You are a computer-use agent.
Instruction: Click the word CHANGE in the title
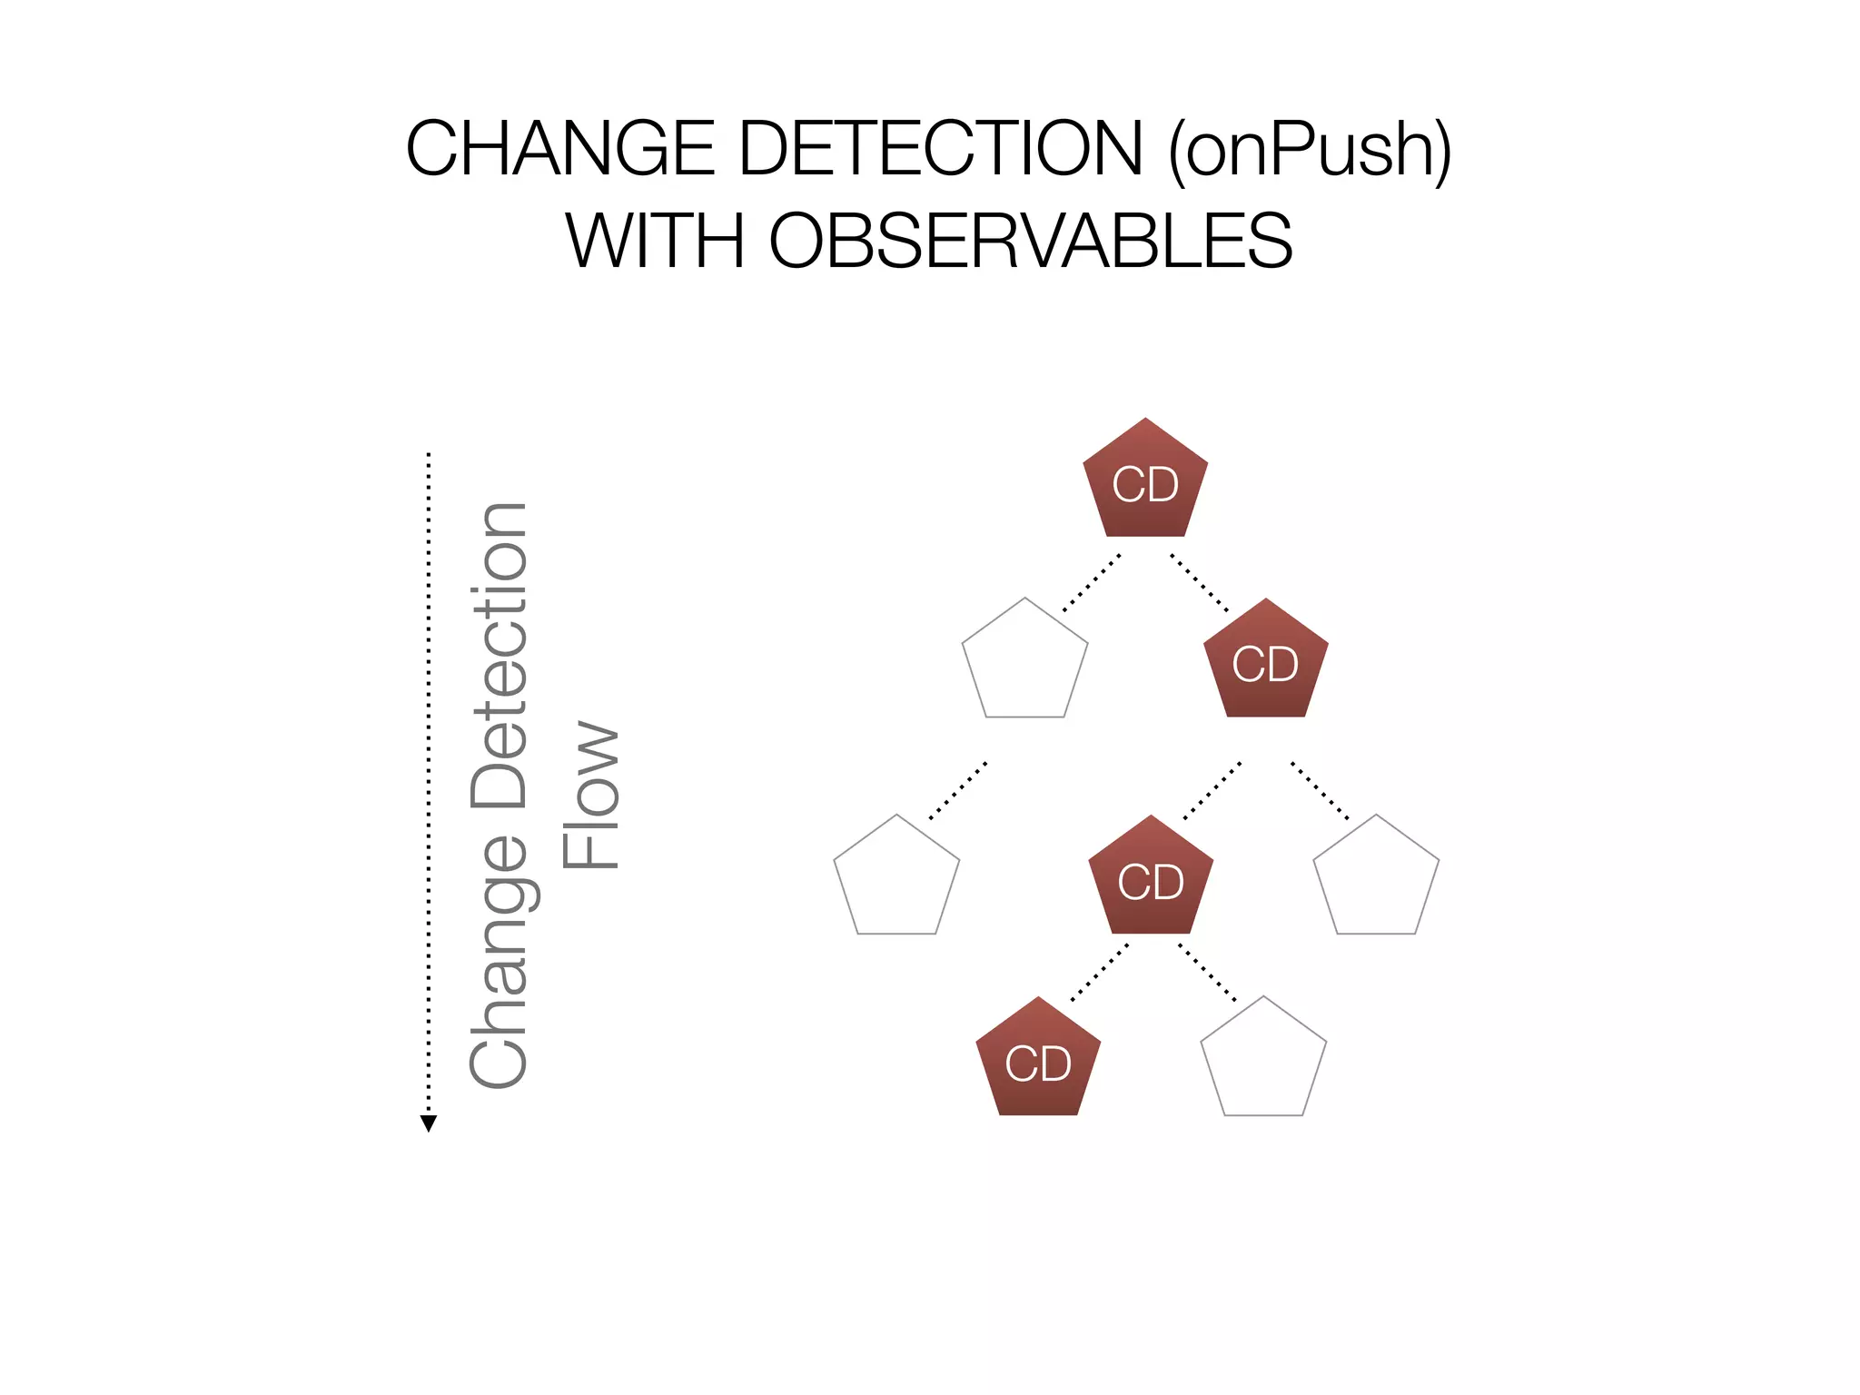(560, 149)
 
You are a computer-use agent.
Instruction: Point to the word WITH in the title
(655, 241)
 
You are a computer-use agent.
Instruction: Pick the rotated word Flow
(590, 796)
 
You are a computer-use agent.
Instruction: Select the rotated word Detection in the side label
(499, 655)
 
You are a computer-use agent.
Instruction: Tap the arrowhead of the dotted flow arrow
(429, 1123)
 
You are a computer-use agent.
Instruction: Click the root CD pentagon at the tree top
(1145, 482)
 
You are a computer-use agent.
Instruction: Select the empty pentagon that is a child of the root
(1024, 662)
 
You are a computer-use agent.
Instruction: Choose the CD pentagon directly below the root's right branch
(1265, 662)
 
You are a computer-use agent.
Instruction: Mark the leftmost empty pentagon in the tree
(896, 879)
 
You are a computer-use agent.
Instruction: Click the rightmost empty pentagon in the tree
(1376, 879)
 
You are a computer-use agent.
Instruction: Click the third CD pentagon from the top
(1151, 879)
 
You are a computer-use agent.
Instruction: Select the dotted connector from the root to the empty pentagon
(1091, 582)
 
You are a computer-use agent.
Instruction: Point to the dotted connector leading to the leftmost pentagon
(957, 791)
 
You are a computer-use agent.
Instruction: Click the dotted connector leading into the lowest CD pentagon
(1100, 973)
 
